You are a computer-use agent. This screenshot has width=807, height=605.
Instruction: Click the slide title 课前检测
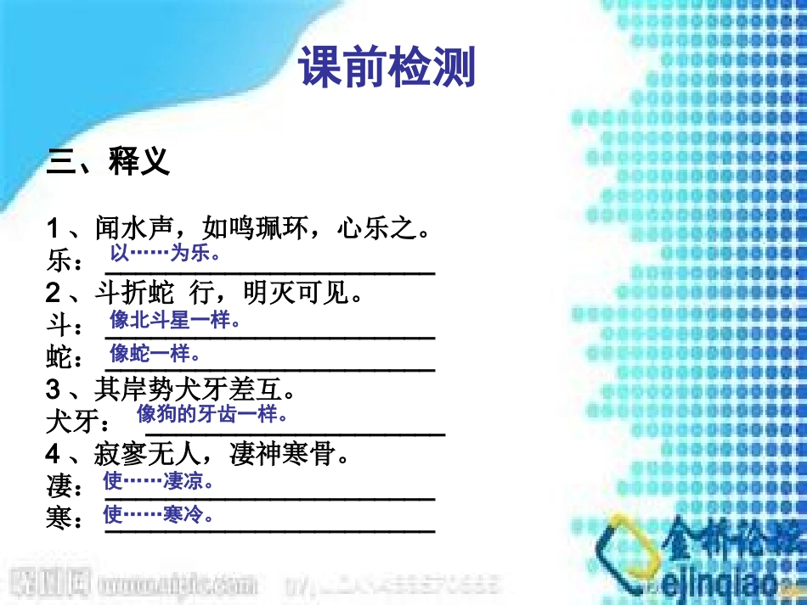click(x=387, y=68)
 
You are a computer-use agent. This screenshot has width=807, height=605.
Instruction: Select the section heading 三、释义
click(x=109, y=161)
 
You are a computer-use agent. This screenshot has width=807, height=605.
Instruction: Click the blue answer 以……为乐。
click(x=166, y=254)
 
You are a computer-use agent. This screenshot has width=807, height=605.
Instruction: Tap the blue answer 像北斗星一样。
click(x=176, y=321)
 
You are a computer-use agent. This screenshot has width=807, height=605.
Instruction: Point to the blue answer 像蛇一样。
click(x=155, y=352)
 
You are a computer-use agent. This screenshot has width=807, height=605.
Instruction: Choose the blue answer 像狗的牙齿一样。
click(x=213, y=414)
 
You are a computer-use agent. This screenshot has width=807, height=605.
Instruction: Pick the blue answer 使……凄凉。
click(x=158, y=482)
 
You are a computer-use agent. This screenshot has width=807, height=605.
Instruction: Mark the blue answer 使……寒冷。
click(x=158, y=514)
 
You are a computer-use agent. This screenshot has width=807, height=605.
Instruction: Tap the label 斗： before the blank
click(x=65, y=326)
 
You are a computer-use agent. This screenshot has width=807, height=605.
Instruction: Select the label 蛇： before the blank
click(x=65, y=358)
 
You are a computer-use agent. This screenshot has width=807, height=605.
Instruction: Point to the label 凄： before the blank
click(x=65, y=488)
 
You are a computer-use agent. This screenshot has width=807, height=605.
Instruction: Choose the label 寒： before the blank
click(x=65, y=519)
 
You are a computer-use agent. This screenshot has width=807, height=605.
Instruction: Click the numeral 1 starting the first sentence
click(x=54, y=227)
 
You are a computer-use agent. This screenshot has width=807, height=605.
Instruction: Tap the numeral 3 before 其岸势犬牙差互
click(x=54, y=389)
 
